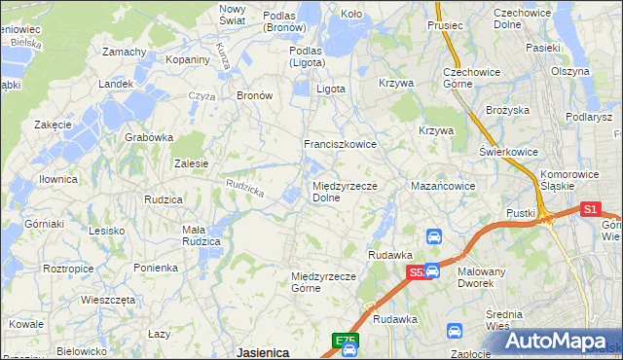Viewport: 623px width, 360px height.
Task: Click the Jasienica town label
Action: pos(262,352)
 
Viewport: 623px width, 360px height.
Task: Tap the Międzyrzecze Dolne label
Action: pos(338,191)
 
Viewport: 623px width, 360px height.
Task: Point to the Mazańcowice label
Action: pos(443,185)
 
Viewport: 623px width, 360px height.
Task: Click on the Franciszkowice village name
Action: pos(340,144)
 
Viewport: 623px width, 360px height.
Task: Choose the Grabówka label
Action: pos(149,137)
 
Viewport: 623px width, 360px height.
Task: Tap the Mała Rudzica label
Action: pos(205,235)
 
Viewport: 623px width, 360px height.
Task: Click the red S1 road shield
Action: pos(590,208)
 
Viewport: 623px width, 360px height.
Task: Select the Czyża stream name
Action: pos(202,96)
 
